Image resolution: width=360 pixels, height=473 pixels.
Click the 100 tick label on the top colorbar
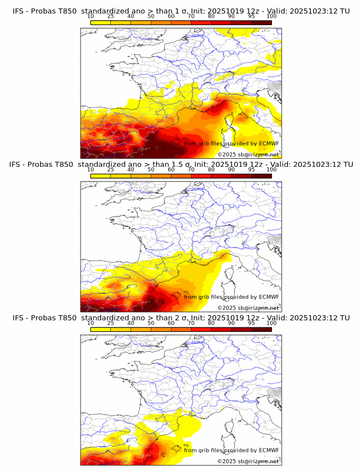pyautogui.click(x=271, y=16)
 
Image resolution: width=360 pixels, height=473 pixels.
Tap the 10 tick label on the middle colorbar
pyautogui.click(x=91, y=169)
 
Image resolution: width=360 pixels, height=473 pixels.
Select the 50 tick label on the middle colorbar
pyautogui.click(x=151, y=169)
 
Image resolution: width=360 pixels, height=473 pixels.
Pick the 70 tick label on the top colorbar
pyautogui.click(x=191, y=16)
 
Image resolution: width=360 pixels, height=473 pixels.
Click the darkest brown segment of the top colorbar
pyautogui.click(x=261, y=22)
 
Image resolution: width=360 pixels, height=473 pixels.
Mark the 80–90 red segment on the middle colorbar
pyautogui.click(x=221, y=175)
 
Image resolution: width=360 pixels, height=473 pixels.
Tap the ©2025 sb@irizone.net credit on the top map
pyautogui.click(x=248, y=155)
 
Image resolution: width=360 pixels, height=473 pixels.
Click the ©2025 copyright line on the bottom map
pyautogui.click(x=248, y=461)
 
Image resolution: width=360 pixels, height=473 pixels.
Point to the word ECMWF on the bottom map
pyautogui.click(x=269, y=450)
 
